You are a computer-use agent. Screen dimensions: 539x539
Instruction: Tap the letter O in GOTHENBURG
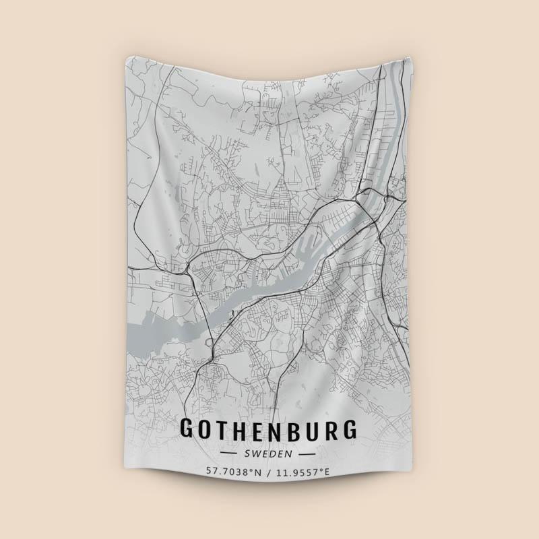click(208, 430)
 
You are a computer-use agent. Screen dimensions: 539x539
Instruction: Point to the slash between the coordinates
click(269, 472)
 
